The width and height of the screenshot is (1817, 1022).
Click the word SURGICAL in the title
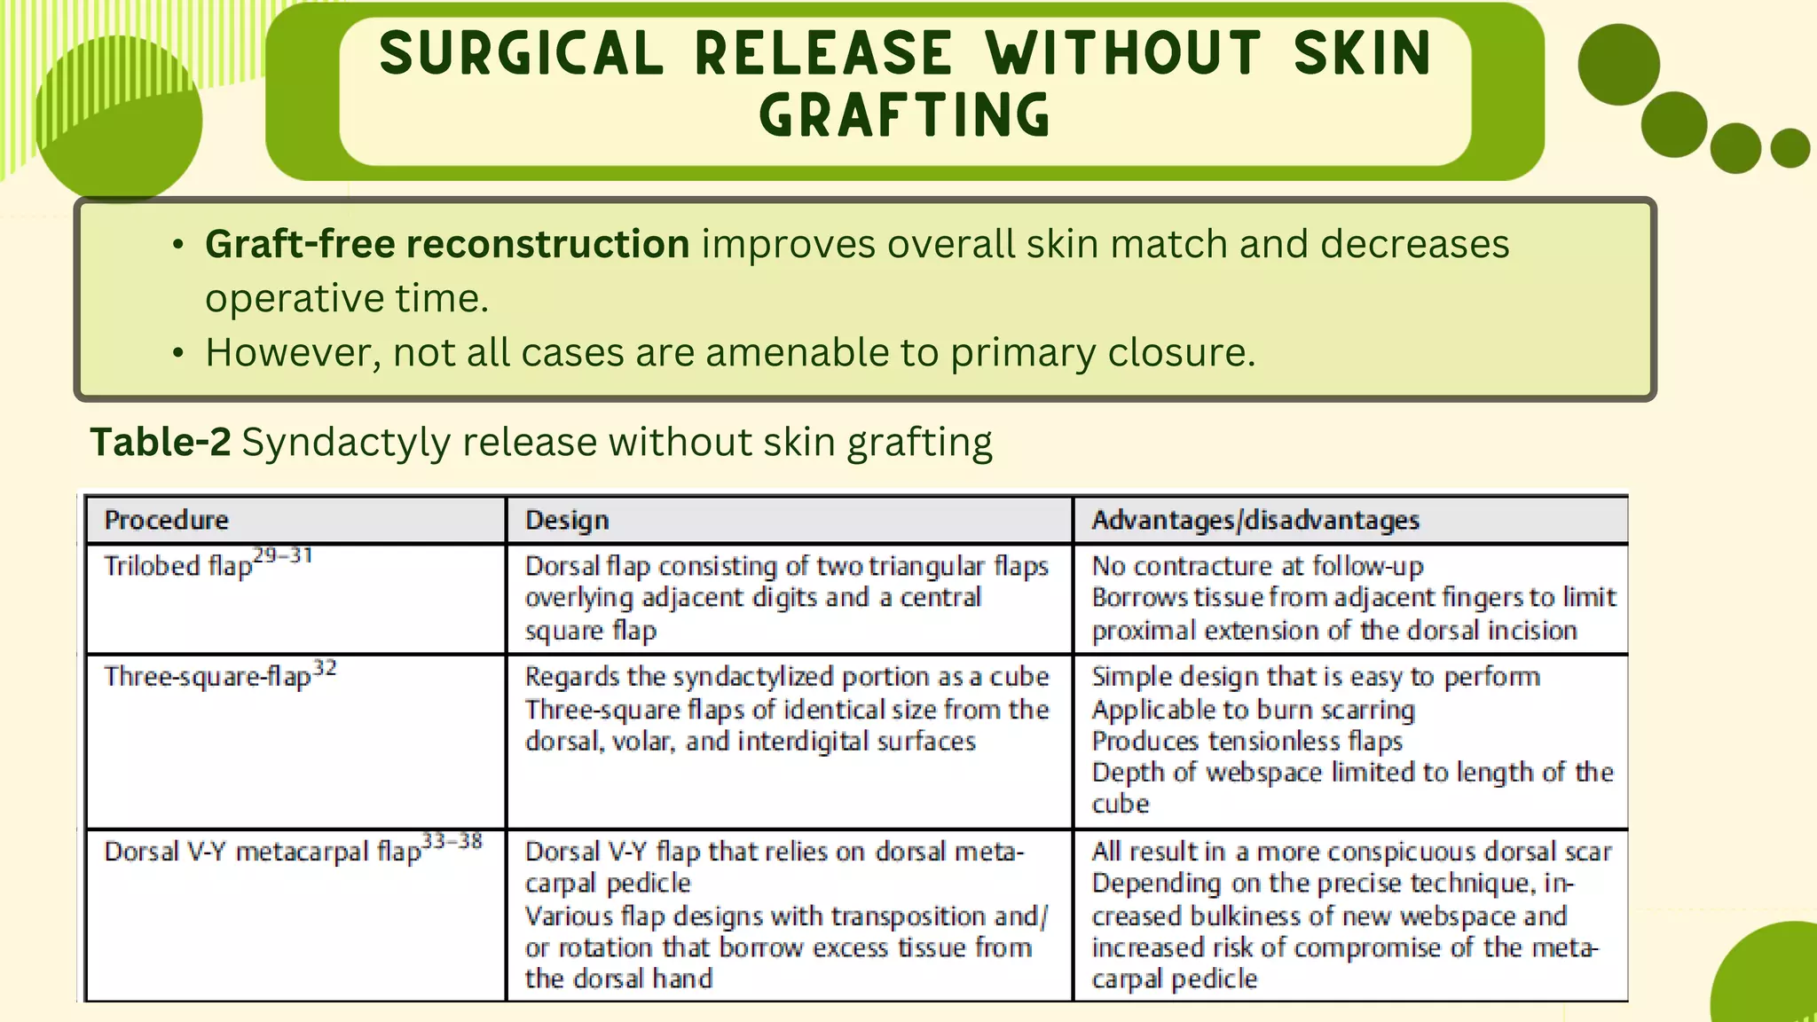pyautogui.click(x=521, y=53)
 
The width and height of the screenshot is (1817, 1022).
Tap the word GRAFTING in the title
pyautogui.click(x=905, y=116)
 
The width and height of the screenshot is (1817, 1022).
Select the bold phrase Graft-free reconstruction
pyautogui.click(x=447, y=244)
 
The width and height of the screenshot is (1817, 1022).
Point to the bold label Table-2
pyautogui.click(x=161, y=442)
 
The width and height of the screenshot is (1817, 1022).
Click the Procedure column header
pyautogui.click(x=167, y=520)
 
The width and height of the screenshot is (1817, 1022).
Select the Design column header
pyautogui.click(x=567, y=520)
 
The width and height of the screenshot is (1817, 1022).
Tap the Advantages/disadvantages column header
pyautogui.click(x=1255, y=520)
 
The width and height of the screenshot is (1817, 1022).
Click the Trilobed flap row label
pyautogui.click(x=177, y=566)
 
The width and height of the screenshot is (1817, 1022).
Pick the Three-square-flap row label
pyautogui.click(x=207, y=677)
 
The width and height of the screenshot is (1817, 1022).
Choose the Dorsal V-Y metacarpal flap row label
pyautogui.click(x=262, y=852)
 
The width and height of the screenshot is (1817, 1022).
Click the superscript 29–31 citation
pyautogui.click(x=283, y=556)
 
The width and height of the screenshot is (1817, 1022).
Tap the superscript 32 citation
pyautogui.click(x=325, y=667)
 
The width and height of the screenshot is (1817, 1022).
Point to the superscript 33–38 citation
pyautogui.click(x=452, y=841)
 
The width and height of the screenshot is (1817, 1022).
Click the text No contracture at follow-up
pyautogui.click(x=1257, y=566)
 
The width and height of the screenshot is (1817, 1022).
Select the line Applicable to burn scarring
pyautogui.click(x=1253, y=710)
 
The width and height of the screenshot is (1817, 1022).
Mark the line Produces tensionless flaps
pyautogui.click(x=1247, y=741)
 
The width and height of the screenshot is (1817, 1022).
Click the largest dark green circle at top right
pyautogui.click(x=1618, y=65)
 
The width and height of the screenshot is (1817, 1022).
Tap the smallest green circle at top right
pyautogui.click(x=1789, y=148)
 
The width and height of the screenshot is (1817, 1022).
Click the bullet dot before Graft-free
pyautogui.click(x=178, y=245)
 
